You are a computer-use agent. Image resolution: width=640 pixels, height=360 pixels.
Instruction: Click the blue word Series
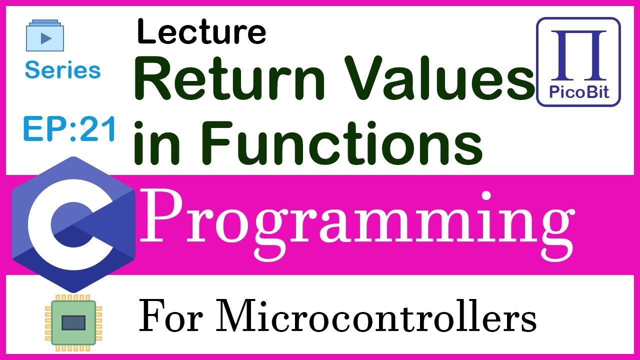click(x=62, y=70)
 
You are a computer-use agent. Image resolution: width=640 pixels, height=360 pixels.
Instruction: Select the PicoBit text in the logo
click(x=578, y=93)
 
